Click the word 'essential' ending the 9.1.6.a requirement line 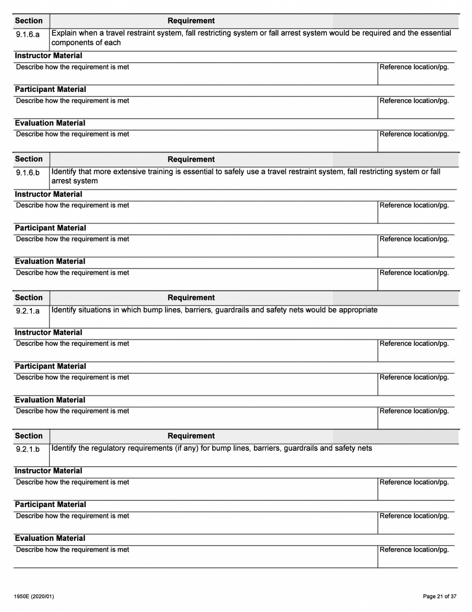pos(433,33)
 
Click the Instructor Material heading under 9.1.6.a pos(48,56)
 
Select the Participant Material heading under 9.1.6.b pos(50,228)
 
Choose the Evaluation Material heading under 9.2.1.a pos(50,400)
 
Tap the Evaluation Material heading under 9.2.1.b pos(50,538)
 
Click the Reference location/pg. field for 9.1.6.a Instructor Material pos(416,73)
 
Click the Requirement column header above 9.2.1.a pos(191,298)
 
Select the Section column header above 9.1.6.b pos(29,159)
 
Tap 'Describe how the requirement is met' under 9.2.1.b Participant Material pos(73,516)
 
